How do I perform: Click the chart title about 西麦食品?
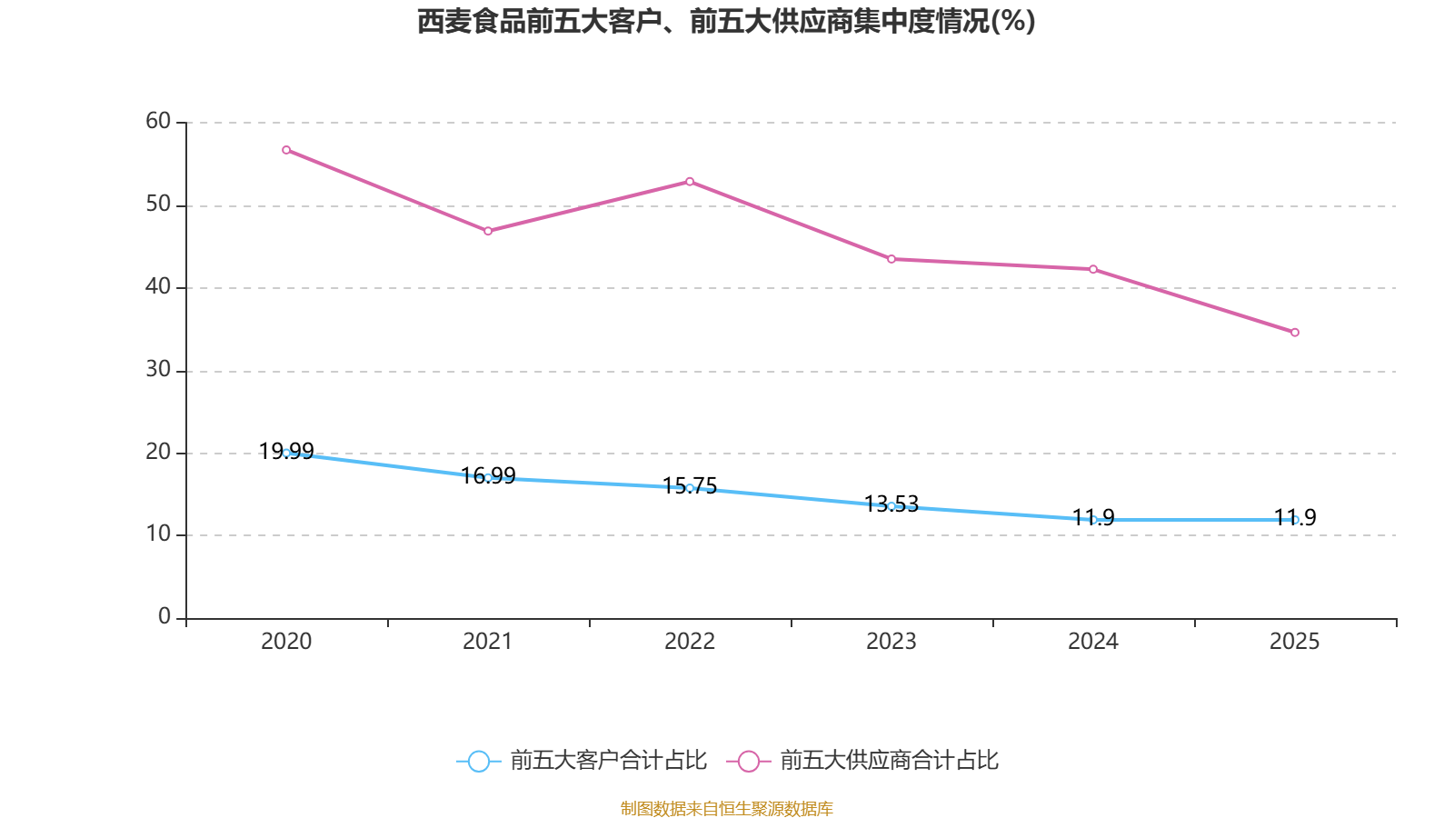[x=726, y=22]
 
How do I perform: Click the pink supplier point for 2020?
[x=286, y=150]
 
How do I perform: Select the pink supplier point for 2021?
[x=488, y=231]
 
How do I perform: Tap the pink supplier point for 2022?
[x=690, y=182]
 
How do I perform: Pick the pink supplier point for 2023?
[x=891, y=259]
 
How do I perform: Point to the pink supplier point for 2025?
[x=1295, y=333]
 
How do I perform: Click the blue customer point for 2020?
[x=286, y=453]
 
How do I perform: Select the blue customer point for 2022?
[x=690, y=488]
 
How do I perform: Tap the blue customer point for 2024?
[x=1093, y=520]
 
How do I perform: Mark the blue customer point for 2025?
[x=1295, y=520]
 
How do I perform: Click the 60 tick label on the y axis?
[x=158, y=121]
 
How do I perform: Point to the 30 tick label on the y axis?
[x=158, y=369]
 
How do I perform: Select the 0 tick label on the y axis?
[x=164, y=616]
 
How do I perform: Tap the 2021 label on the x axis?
[x=488, y=642]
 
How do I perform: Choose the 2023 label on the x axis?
[x=891, y=642]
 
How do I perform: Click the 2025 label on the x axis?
[x=1295, y=642]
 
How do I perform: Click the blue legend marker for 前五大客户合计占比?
[x=479, y=761]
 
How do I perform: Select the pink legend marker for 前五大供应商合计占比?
[x=749, y=761]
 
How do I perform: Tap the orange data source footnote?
[x=726, y=808]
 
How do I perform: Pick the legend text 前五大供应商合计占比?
[x=889, y=761]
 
